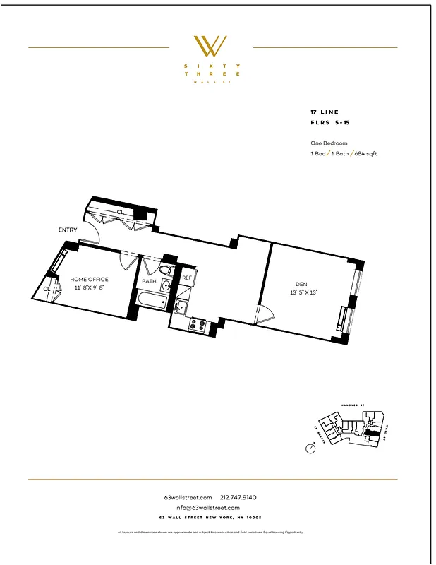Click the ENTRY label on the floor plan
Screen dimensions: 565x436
[68, 230]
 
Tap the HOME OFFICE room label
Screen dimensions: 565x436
[89, 280]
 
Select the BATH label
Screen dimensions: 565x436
[149, 281]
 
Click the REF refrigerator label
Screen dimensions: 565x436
[187, 278]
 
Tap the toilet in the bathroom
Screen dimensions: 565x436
[166, 270]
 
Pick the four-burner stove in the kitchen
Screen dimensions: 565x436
[198, 326]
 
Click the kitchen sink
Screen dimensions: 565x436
[180, 307]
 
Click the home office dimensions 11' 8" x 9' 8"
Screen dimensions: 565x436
[89, 287]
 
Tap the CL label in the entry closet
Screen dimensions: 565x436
[120, 211]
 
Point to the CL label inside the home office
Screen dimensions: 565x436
[47, 288]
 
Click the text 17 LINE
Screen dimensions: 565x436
[325, 112]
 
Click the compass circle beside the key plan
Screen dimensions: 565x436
[310, 448]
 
